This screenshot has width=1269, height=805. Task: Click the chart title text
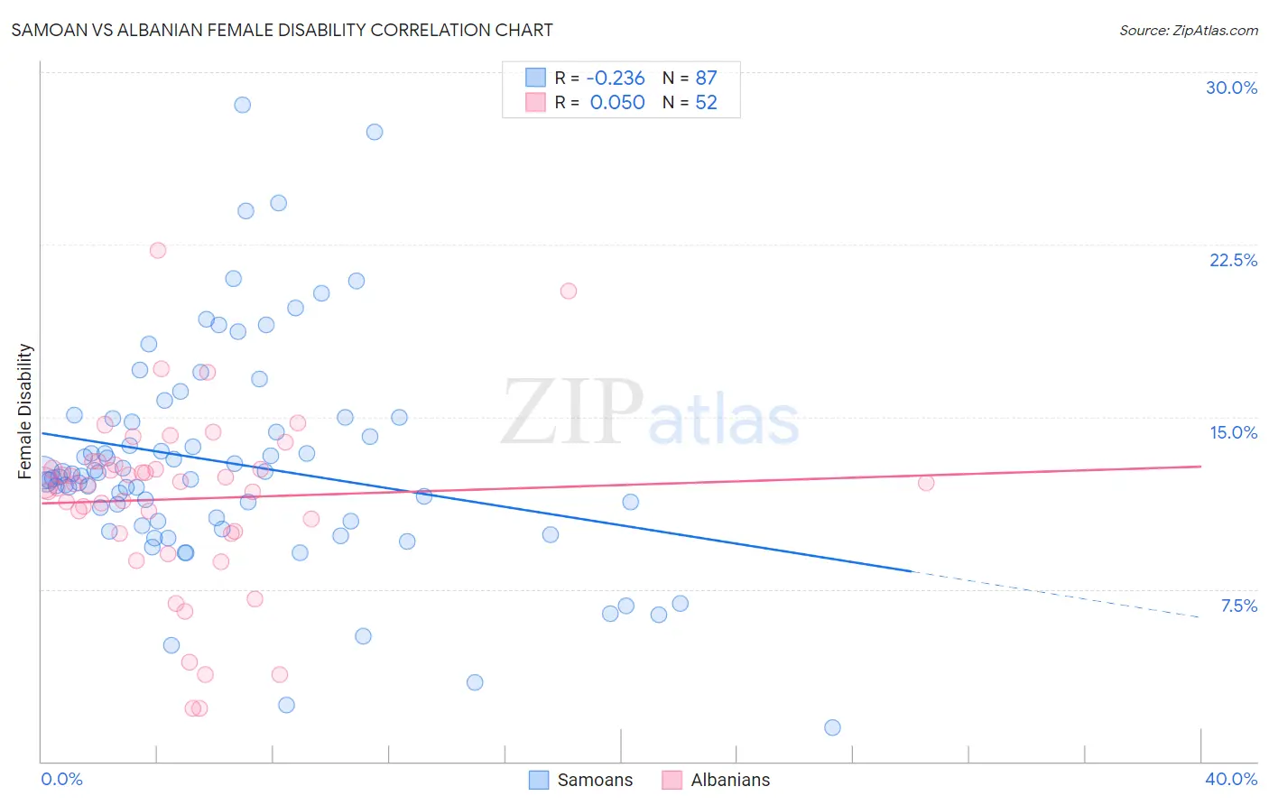pos(282,30)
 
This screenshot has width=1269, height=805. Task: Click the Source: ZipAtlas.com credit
pos(1188,30)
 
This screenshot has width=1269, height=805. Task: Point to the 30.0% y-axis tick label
pos(1231,88)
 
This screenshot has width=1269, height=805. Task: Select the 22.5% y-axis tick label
pos(1233,260)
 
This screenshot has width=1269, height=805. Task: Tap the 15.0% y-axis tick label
pos(1233,432)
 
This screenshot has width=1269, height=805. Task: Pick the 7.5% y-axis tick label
pos(1238,606)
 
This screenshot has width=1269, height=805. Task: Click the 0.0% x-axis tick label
pos(61,779)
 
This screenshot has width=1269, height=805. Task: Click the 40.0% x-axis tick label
pos(1231,779)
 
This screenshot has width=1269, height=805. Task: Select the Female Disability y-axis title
pos(25,411)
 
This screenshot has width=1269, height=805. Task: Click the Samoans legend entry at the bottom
pos(581,780)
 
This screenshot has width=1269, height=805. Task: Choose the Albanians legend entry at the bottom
pos(717,780)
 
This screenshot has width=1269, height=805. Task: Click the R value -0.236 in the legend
pos(616,78)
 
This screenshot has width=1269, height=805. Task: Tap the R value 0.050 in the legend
pos(617,102)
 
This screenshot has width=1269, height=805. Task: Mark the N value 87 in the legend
pos(706,78)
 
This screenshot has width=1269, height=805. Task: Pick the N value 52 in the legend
pos(706,102)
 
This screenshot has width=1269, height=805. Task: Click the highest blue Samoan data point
pos(242,105)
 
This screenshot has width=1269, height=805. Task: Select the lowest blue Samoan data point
pos(832,727)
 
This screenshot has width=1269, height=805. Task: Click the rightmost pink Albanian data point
pos(925,483)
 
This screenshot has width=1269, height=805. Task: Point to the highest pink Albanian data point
pos(158,250)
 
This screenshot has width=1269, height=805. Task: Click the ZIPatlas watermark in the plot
pos(650,413)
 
